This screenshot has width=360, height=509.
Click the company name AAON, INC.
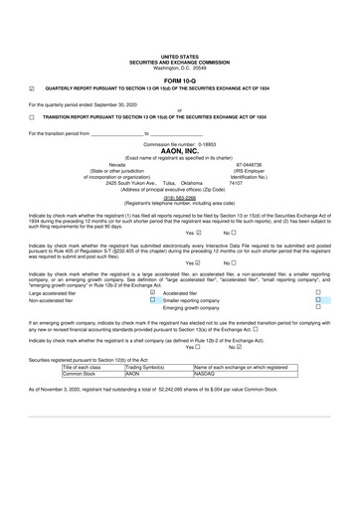pyautogui.click(x=179, y=150)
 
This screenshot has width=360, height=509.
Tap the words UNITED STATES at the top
pyautogui.click(x=179, y=58)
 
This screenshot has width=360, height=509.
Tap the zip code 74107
pyautogui.click(x=236, y=183)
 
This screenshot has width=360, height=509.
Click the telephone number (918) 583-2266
pyautogui.click(x=179, y=197)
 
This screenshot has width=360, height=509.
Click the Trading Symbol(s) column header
pyautogui.click(x=150, y=396)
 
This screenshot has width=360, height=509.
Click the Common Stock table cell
pyautogui.click(x=83, y=403)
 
